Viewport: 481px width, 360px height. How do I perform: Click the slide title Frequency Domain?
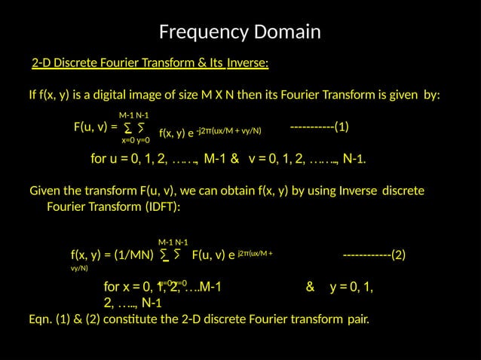(240, 32)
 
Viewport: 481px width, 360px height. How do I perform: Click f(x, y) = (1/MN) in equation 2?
(112, 255)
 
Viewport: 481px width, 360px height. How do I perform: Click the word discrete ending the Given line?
(403, 191)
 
